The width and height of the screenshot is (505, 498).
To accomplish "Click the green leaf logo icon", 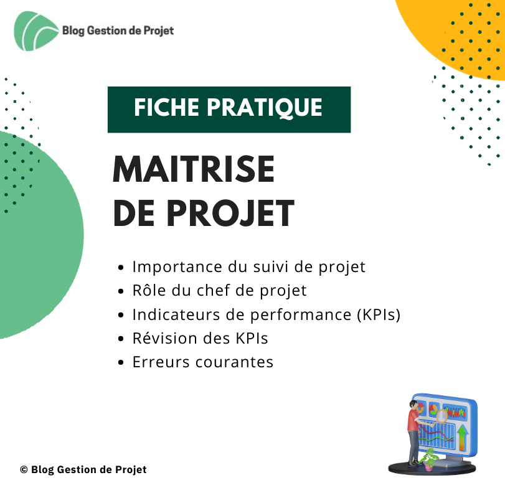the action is click(35, 31).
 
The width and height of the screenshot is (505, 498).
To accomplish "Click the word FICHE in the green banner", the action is click(167, 107).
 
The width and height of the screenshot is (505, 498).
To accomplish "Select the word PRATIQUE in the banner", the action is click(265, 108).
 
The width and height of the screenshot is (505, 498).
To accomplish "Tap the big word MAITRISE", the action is click(194, 169).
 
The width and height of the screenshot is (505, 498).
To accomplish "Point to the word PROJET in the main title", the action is click(230, 214).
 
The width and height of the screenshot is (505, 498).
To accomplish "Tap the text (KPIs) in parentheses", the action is click(379, 314).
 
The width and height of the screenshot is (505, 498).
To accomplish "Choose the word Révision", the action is click(165, 338).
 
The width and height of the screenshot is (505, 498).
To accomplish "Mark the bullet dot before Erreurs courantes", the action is click(121, 362).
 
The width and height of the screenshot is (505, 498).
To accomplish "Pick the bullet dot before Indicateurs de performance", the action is click(121, 315).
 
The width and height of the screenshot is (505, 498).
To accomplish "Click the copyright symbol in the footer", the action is click(24, 469).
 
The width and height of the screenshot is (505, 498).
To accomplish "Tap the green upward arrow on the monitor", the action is click(463, 437).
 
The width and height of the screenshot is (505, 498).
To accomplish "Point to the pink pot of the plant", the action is click(429, 466).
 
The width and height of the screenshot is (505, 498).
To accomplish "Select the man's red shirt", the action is click(413, 420).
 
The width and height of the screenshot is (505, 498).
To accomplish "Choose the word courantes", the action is click(235, 362).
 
